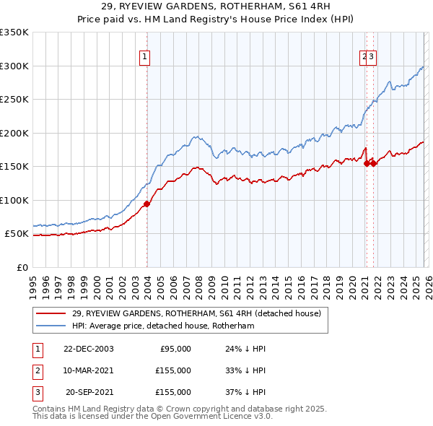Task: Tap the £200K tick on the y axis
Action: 14,133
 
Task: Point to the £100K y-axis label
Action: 14,200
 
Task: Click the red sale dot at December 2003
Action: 146,204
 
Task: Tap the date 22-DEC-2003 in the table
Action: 89,349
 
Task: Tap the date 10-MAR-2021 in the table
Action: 89,370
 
